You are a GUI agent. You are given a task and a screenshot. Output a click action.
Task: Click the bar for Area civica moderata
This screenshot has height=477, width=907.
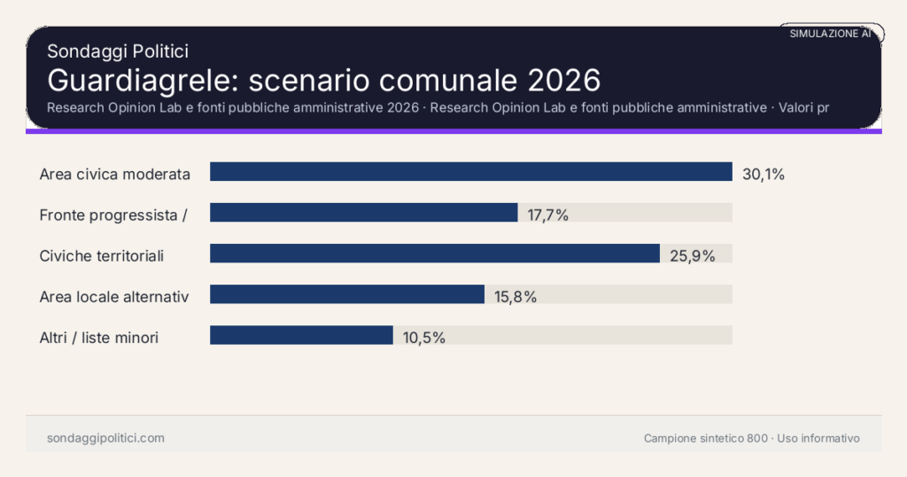(470, 172)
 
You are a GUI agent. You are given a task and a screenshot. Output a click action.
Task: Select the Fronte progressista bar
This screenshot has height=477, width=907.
(363, 213)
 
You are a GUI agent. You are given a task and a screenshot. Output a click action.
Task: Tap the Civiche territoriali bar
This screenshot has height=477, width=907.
(434, 254)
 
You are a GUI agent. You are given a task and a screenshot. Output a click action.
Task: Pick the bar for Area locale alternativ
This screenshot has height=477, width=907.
(346, 294)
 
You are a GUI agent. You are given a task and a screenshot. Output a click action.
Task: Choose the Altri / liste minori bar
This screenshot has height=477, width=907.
(301, 335)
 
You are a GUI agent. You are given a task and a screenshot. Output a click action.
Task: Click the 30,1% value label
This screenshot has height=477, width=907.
(764, 174)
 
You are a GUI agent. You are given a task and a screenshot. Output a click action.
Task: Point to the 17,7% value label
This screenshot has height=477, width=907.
(547, 215)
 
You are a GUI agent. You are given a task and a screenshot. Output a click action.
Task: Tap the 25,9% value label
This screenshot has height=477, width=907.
(692, 255)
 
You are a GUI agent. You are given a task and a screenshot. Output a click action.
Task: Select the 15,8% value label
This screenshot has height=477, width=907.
(516, 296)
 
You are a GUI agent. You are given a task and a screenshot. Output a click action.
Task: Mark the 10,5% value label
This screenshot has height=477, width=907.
(423, 337)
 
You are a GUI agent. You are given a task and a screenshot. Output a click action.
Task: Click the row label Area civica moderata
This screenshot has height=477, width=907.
(115, 174)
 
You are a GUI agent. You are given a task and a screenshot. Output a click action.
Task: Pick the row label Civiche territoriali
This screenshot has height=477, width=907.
(102, 255)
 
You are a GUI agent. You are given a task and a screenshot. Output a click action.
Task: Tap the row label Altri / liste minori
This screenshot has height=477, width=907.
(99, 337)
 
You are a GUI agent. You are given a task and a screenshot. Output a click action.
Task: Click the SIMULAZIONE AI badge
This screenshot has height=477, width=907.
(830, 34)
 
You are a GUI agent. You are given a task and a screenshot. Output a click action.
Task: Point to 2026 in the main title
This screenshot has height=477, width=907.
(564, 80)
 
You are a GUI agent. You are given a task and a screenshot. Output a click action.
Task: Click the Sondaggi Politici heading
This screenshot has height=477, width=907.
(118, 51)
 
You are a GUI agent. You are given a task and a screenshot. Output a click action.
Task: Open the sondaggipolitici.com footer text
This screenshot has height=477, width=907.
(105, 438)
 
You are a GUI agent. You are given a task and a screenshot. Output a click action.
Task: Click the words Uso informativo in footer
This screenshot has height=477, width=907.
(818, 438)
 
